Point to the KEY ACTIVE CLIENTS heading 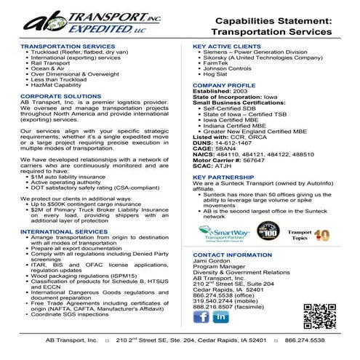[x=229, y=46]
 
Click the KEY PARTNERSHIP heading [x=224, y=176]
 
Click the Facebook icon [x=201, y=317]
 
